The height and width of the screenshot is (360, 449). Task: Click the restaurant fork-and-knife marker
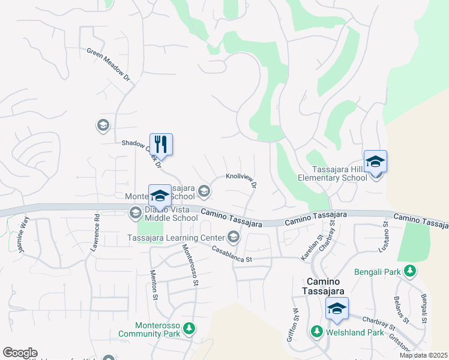point(161,145)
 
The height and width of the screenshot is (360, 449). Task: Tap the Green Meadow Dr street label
point(108,65)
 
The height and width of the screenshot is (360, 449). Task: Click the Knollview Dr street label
point(241,179)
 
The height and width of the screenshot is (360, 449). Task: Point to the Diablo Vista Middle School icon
point(136,212)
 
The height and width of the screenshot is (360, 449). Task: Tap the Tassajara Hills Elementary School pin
point(376,162)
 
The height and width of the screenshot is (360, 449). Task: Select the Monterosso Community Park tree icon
point(189,328)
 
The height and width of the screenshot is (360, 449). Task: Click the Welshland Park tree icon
point(316,331)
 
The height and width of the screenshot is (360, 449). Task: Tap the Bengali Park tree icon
point(410,271)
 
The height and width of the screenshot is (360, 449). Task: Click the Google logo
point(20,353)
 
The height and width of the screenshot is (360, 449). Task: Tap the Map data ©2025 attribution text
point(423,355)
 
